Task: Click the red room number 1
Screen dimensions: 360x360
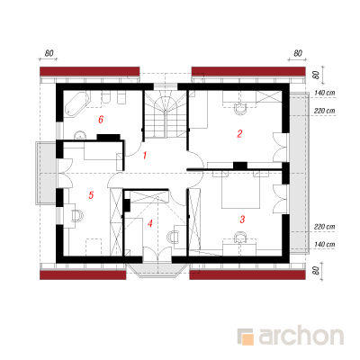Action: pyautogui.click(x=145, y=156)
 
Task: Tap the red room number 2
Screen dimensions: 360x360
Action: pyautogui.click(x=239, y=134)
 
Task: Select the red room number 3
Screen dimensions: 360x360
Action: pyautogui.click(x=242, y=220)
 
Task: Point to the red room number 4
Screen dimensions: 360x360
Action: pyautogui.click(x=150, y=223)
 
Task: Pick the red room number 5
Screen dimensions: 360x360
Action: pyautogui.click(x=91, y=195)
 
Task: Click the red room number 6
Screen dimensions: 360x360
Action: pyautogui.click(x=101, y=120)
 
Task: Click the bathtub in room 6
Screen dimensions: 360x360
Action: pyautogui.click(x=76, y=103)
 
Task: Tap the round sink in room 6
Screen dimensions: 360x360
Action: pyautogui.click(x=80, y=136)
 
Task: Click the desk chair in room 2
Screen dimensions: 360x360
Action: pyautogui.click(x=239, y=109)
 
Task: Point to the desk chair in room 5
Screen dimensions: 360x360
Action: pyautogui.click(x=76, y=216)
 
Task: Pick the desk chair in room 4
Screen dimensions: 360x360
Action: pyautogui.click(x=173, y=237)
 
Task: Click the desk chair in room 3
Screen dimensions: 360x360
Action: pyautogui.click(x=240, y=238)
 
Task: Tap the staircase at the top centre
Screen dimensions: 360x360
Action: pyautogui.click(x=166, y=114)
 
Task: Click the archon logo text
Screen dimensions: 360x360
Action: pyautogui.click(x=301, y=337)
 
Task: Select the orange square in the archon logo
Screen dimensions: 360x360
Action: pyautogui.click(x=247, y=339)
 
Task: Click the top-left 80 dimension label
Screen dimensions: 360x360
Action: pyautogui.click(x=49, y=53)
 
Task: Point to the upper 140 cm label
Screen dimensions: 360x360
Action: pyautogui.click(x=325, y=94)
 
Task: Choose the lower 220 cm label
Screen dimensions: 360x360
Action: pyautogui.click(x=325, y=227)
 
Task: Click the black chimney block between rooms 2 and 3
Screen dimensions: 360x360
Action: pyautogui.click(x=240, y=166)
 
